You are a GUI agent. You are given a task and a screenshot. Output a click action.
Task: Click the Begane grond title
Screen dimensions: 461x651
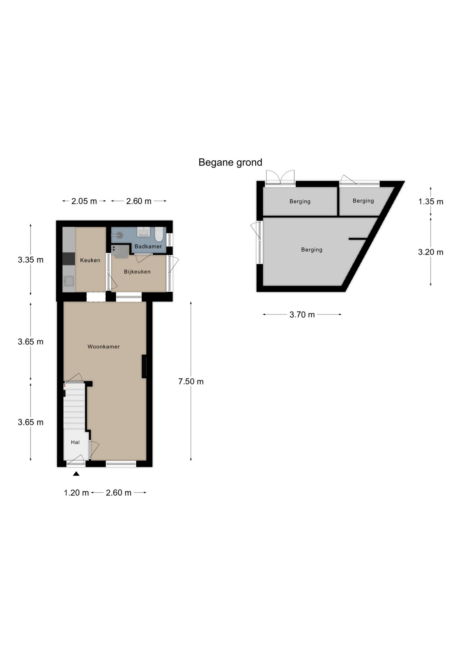[230, 163]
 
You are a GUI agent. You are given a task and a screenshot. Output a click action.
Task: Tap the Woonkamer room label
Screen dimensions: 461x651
[104, 347]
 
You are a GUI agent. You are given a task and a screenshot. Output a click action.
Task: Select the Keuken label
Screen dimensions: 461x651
[90, 260]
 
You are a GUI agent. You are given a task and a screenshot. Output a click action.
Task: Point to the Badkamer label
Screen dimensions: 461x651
[148, 246]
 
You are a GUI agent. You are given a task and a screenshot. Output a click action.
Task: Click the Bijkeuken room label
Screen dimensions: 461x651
[137, 272]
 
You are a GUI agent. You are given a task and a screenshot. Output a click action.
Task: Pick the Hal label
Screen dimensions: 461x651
[75, 442]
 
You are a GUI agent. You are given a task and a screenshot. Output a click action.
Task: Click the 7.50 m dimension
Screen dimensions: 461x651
[191, 381]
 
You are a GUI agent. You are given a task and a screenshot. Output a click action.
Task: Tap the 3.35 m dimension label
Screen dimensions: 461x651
[31, 260]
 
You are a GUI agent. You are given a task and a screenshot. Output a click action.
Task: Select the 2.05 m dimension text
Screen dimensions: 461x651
[84, 201]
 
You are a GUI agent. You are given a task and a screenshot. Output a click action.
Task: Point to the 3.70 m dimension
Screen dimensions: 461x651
[302, 315]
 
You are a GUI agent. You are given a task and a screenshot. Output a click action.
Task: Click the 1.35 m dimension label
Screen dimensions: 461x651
[431, 202]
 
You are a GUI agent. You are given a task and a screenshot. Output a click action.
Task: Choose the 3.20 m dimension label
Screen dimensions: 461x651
[431, 252]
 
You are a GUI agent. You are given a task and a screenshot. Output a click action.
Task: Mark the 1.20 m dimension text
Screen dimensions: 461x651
[76, 493]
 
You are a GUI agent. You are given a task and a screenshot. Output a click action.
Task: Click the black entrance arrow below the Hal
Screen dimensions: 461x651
[76, 474]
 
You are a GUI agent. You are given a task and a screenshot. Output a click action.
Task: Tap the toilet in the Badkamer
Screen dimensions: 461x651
[159, 234]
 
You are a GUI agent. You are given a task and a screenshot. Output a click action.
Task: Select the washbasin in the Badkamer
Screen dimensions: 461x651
[144, 232]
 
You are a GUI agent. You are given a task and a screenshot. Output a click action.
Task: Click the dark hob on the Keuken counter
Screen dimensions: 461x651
[69, 259]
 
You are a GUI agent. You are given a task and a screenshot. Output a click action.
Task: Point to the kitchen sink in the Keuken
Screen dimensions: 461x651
[69, 281]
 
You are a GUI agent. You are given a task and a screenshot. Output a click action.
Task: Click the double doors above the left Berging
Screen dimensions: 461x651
[280, 177]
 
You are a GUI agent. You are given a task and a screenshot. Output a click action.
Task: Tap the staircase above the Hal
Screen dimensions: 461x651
[74, 406]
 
